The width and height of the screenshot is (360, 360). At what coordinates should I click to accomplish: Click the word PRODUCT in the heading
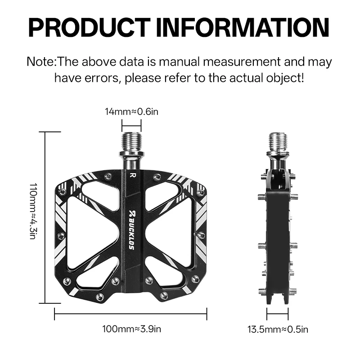point(90,27)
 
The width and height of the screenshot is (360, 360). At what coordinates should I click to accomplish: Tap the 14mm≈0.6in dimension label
point(131,112)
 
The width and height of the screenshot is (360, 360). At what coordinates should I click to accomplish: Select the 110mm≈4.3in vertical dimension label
point(33,211)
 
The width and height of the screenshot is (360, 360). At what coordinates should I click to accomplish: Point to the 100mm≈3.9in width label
point(131,329)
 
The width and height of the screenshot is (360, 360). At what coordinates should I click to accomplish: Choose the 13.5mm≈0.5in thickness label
point(278,329)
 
